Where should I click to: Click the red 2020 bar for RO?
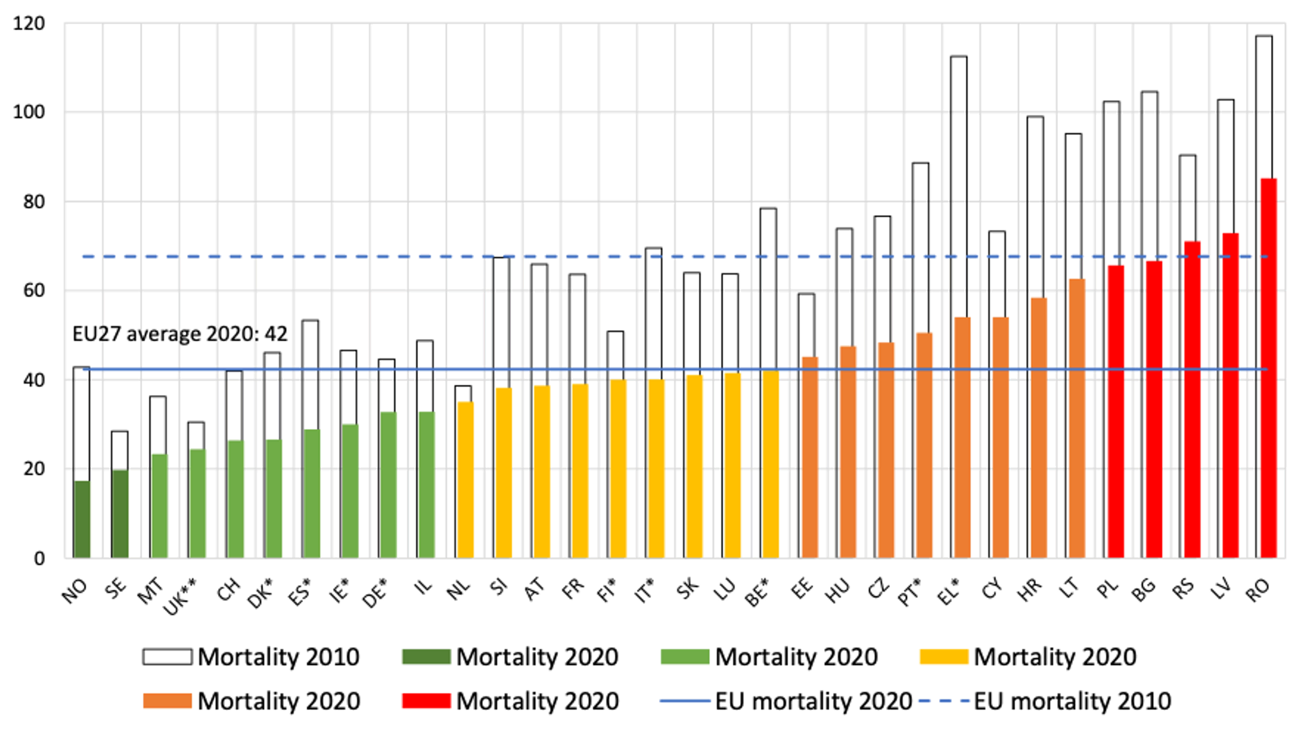tap(1268, 368)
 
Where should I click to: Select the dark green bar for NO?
tap(82, 519)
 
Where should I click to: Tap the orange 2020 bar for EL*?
tap(962, 437)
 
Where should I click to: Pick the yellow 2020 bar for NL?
tap(465, 480)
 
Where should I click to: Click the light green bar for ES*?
tap(311, 493)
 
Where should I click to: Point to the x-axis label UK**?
tap(181, 597)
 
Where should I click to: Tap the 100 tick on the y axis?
tap(28, 112)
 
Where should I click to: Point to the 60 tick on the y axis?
tap(33, 290)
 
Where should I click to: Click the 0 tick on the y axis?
tap(39, 558)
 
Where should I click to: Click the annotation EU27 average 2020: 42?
tap(180, 334)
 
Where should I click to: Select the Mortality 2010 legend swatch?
tap(167, 657)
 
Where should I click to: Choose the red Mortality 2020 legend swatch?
tap(426, 701)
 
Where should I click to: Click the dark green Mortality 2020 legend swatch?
tap(426, 657)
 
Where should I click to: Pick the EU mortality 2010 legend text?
tap(1072, 701)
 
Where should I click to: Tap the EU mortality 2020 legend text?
tap(813, 701)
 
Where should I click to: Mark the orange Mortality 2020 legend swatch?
tap(167, 701)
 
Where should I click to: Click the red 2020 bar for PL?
tap(1116, 411)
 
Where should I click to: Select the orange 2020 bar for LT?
tap(1077, 418)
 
